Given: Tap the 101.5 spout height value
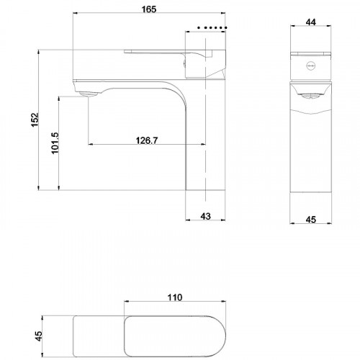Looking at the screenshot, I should click(x=55, y=142).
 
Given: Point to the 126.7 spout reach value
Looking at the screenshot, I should click(x=146, y=140).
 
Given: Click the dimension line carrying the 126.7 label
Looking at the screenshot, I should click(x=115, y=145).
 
